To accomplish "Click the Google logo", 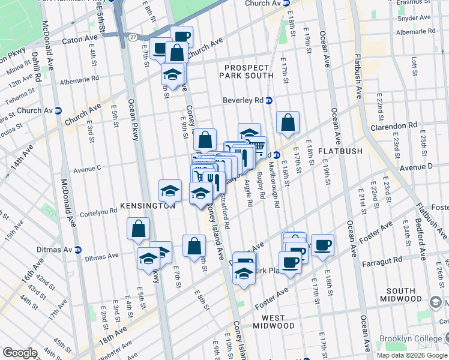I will coord(20,353).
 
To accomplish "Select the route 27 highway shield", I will coord(132,37).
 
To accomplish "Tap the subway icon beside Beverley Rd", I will coord(270,100).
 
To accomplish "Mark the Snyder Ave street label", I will coord(418,18).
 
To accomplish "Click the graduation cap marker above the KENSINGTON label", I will coord(170,191).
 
